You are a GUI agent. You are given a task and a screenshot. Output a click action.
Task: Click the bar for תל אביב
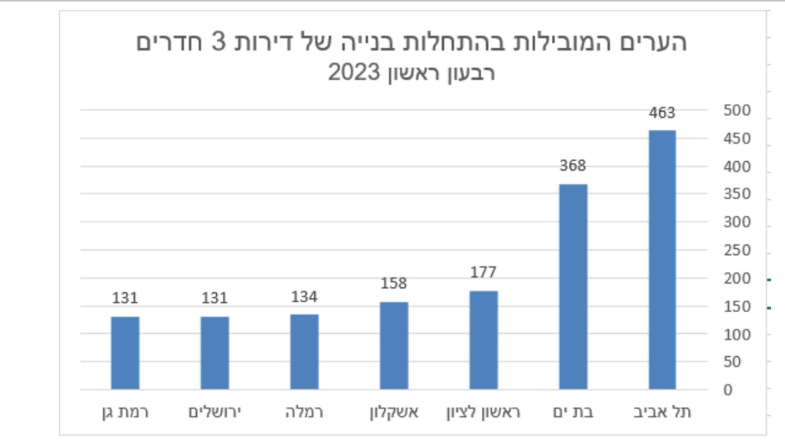click(x=662, y=260)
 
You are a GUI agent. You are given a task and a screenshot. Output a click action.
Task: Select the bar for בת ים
click(x=573, y=287)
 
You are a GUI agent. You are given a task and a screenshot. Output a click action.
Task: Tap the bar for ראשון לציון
click(x=484, y=340)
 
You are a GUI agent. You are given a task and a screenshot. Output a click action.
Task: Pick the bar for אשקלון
click(x=394, y=345)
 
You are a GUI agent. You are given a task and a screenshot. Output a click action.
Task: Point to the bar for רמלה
click(x=304, y=351)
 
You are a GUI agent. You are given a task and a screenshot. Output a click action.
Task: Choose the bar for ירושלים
click(x=215, y=353)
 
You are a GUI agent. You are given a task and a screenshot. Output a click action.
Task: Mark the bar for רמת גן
click(x=125, y=353)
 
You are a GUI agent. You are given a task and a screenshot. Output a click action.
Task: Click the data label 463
click(x=662, y=113)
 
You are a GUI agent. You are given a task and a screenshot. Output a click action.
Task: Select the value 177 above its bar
click(x=483, y=272)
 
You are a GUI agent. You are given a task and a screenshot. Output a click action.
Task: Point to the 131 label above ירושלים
click(x=214, y=298)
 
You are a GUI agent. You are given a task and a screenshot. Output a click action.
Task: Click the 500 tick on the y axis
click(x=737, y=110)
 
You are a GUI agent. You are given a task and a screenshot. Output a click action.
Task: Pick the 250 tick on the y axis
click(x=737, y=251)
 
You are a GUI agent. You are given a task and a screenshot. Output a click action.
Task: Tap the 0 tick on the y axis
click(x=728, y=390)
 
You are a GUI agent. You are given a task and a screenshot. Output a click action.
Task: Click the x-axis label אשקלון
click(x=394, y=412)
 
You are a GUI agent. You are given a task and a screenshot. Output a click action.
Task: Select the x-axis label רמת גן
click(x=125, y=412)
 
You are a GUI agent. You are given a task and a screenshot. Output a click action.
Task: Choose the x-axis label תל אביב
click(x=662, y=412)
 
